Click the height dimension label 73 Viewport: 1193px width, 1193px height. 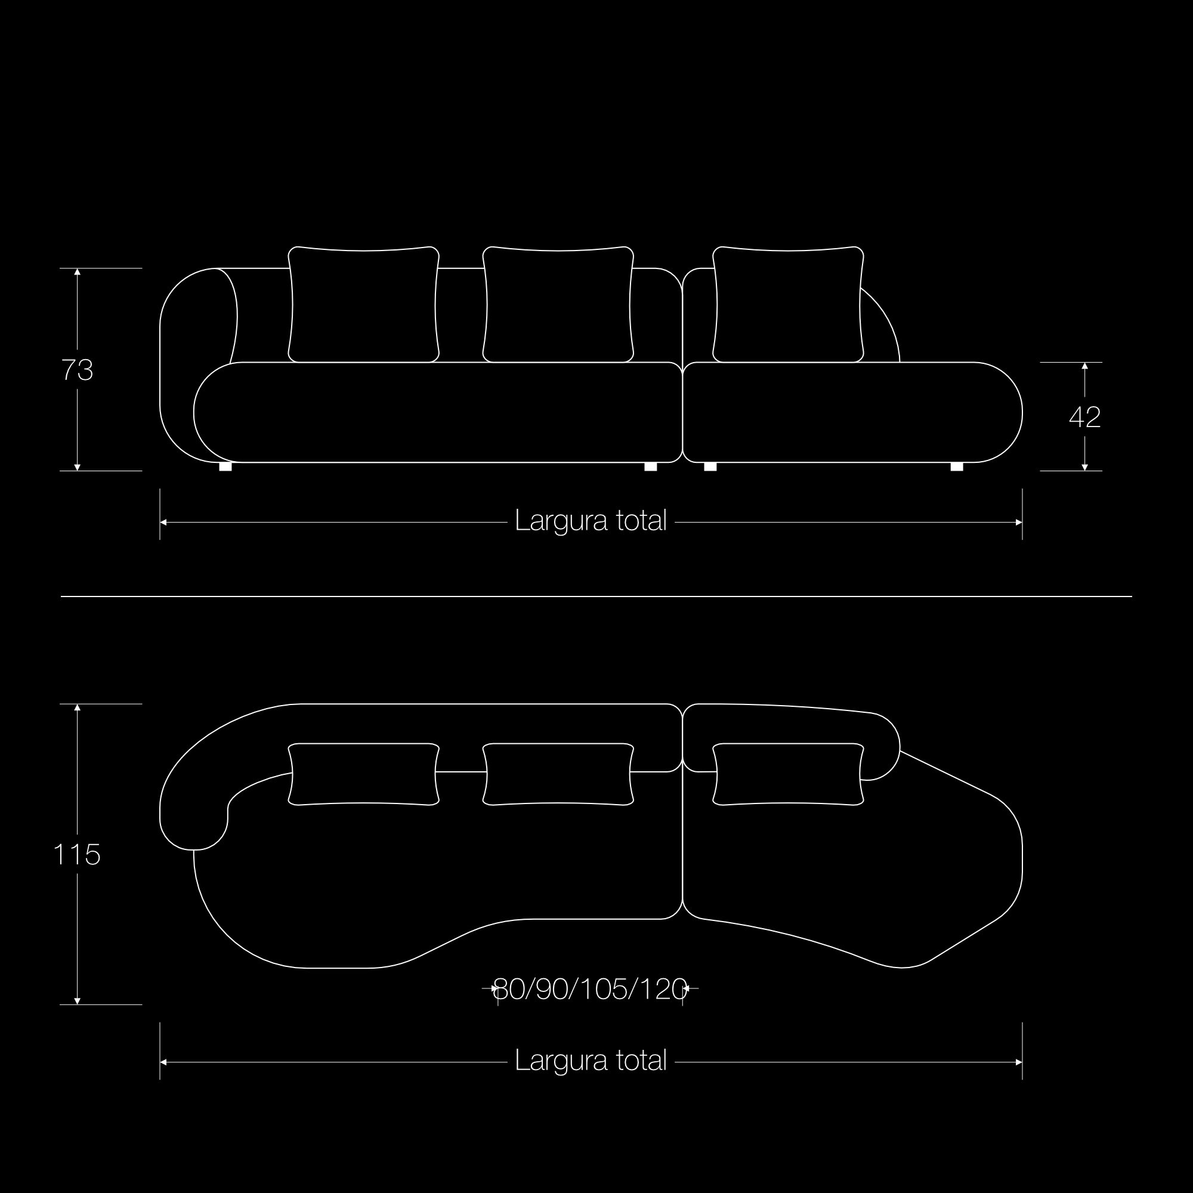click(x=77, y=370)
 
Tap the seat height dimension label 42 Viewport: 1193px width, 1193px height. click(x=1085, y=418)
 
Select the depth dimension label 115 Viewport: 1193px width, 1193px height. click(x=76, y=855)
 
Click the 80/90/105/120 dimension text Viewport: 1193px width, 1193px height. click(x=591, y=989)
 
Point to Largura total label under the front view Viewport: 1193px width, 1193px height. click(x=591, y=521)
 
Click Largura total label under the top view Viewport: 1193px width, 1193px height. click(x=591, y=1061)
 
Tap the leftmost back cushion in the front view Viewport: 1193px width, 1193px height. click(x=364, y=304)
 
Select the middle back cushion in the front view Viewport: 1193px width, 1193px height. click(x=558, y=304)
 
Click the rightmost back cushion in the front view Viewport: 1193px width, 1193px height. click(x=788, y=304)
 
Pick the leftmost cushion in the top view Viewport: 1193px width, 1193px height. click(x=364, y=774)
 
